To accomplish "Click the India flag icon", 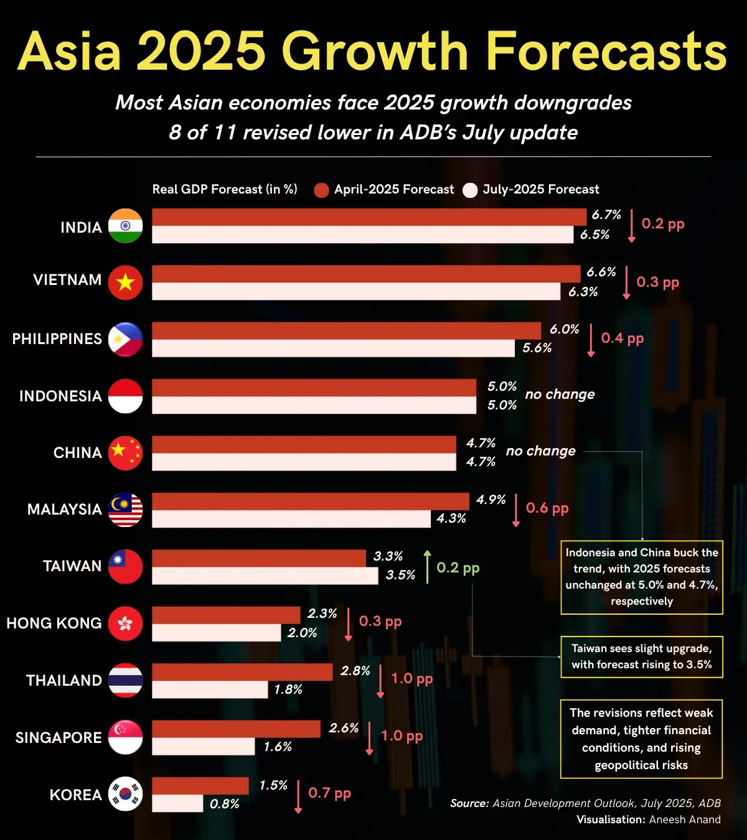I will (x=125, y=226).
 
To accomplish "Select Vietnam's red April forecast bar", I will (x=366, y=274).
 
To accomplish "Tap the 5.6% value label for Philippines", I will (x=537, y=348).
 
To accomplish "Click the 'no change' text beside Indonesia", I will (x=560, y=394).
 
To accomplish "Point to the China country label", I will (x=77, y=452).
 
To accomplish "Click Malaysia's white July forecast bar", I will (x=291, y=519).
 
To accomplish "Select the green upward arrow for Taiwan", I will (x=427, y=567).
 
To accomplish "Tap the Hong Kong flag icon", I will (x=125, y=623).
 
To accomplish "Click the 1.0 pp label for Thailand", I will (x=411, y=678).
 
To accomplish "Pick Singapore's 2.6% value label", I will (x=344, y=728).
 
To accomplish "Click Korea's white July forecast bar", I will (x=177, y=803).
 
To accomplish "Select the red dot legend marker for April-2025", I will (x=321, y=190).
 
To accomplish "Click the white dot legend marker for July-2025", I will (x=470, y=190).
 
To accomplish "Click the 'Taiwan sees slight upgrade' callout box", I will (x=641, y=656).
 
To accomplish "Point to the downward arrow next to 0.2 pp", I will (x=631, y=225).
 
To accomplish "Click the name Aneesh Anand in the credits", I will (x=684, y=819).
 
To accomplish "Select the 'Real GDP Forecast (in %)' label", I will (x=225, y=189).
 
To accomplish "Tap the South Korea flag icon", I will (x=125, y=795).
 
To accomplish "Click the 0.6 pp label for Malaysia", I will (x=547, y=508).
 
